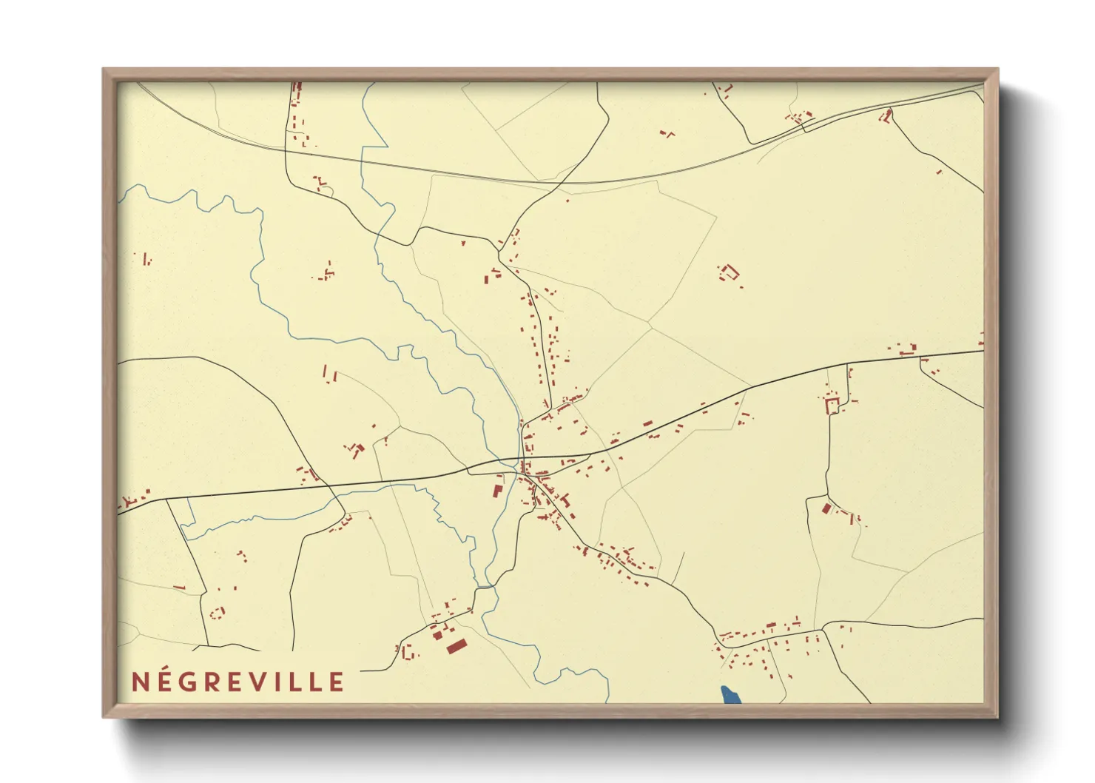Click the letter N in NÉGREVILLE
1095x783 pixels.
coord(141,682)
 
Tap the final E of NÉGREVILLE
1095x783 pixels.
coord(337,682)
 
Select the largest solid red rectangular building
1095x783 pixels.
coord(456,647)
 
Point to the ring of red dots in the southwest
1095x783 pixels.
coord(217,612)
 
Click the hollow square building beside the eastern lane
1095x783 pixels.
coord(832,405)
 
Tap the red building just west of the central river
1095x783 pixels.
coord(498,490)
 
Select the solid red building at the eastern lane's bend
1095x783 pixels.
coord(826,508)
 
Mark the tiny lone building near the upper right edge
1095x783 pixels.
coord(939,172)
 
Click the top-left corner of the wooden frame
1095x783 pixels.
coord(104,69)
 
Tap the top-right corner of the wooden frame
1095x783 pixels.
coord(998,69)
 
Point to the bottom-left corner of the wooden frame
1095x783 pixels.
coord(104,716)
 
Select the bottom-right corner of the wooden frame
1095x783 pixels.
coord(998,716)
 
